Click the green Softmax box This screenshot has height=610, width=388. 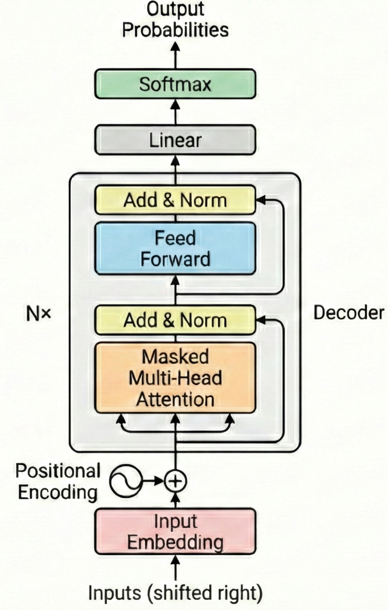click(x=175, y=84)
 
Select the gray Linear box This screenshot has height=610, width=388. click(x=175, y=140)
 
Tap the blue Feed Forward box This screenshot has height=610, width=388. click(x=175, y=249)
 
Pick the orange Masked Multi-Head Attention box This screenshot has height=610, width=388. click(x=175, y=378)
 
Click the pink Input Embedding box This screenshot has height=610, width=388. click(x=175, y=532)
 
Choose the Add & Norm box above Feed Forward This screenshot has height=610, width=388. click(x=175, y=200)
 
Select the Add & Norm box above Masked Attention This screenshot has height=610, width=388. click(x=175, y=320)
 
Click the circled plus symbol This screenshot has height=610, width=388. click(x=175, y=481)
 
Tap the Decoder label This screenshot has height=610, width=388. click(x=348, y=313)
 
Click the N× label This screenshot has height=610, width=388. click(x=38, y=313)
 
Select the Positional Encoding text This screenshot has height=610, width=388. click(x=58, y=481)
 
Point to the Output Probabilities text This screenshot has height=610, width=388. click(x=175, y=20)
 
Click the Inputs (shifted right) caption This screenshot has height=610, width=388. click(x=175, y=593)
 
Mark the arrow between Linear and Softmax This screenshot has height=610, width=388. click(x=175, y=112)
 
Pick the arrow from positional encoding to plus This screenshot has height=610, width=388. click(x=153, y=481)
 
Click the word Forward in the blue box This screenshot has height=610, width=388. click(x=175, y=259)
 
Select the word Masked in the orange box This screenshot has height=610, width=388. click(x=175, y=357)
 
